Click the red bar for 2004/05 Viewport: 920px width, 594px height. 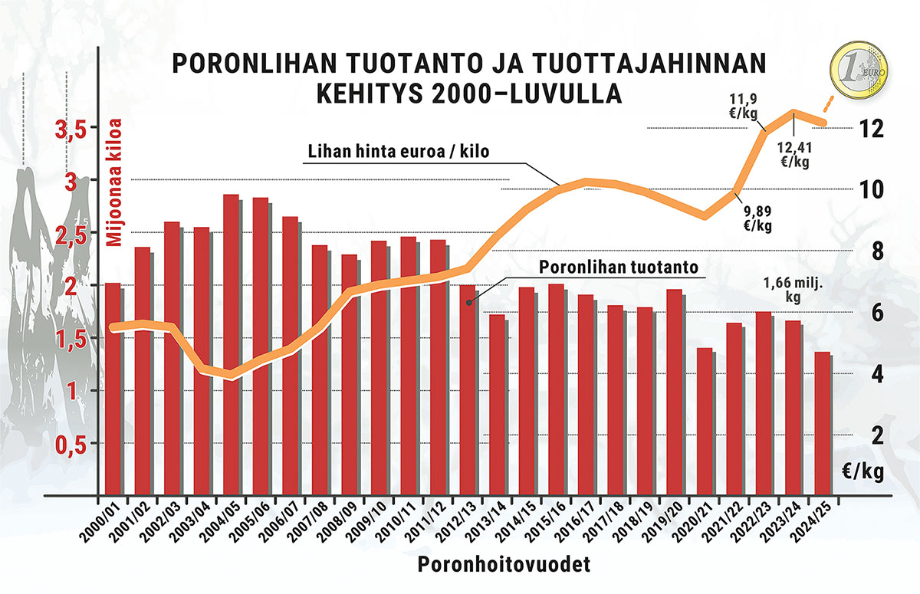pyautogui.click(x=231, y=345)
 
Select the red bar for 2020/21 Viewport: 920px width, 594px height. pyautogui.click(x=705, y=422)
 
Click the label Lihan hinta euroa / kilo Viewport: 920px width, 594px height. pyautogui.click(x=399, y=151)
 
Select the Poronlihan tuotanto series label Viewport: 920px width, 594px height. pyautogui.click(x=617, y=267)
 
